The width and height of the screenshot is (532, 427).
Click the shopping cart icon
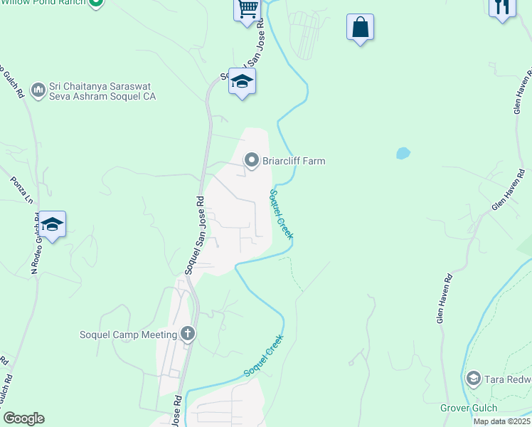248,10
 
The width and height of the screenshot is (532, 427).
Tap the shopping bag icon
361,28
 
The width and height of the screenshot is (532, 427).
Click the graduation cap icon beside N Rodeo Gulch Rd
53,224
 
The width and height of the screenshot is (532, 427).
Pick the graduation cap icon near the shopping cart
242,82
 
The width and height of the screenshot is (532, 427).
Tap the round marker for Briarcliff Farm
252,161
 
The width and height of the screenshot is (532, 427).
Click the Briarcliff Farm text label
294,161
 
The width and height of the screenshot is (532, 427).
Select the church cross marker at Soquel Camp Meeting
188,334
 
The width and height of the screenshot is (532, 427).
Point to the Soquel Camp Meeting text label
128,334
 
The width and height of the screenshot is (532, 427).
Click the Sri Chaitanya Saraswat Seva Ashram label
102,91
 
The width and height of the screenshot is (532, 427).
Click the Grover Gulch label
469,408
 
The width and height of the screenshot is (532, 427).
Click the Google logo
23,418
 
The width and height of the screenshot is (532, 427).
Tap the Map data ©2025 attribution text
501,421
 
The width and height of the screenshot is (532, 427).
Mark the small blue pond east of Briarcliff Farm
403,153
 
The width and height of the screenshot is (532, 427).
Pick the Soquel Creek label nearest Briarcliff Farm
281,213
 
